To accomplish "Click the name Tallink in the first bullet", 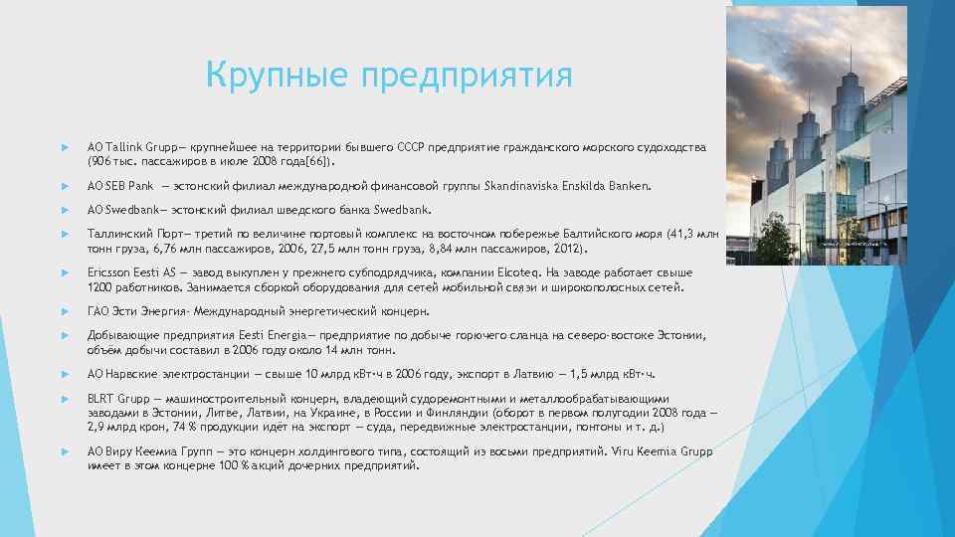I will [121, 147].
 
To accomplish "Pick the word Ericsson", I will [108, 272].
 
